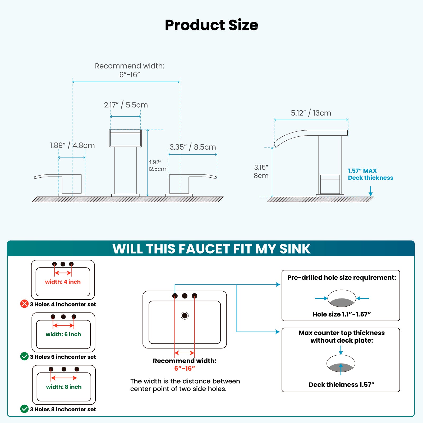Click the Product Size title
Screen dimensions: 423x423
212,25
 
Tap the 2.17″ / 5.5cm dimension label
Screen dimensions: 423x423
126,105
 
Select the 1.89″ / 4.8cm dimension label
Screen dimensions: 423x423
72,145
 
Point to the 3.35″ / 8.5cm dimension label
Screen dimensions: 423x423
193,147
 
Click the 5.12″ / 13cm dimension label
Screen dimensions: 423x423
311,113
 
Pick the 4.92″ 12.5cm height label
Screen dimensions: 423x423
157,165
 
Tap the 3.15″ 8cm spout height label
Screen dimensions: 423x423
261,171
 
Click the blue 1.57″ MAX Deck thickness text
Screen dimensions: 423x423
370,174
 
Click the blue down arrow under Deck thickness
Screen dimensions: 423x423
370,191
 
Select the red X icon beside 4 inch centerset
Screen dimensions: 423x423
24,304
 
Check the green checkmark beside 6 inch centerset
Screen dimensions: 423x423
24,356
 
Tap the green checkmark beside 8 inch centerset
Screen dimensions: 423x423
24,409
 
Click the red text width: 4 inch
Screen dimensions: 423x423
63,282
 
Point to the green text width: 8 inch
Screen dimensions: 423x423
64,387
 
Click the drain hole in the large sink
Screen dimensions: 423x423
185,315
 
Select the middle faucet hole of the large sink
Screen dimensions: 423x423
185,296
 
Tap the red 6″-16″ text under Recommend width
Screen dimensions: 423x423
185,368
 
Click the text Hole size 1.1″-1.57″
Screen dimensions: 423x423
341,314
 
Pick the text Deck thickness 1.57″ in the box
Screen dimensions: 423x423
341,385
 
